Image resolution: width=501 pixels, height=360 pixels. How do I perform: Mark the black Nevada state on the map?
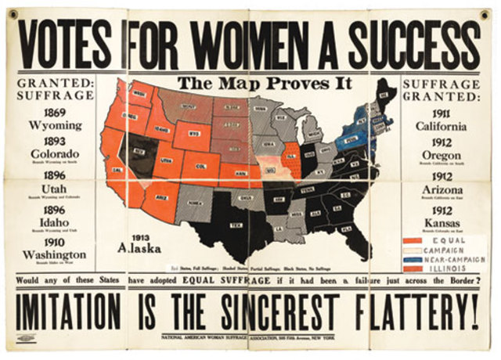point(142,153)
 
